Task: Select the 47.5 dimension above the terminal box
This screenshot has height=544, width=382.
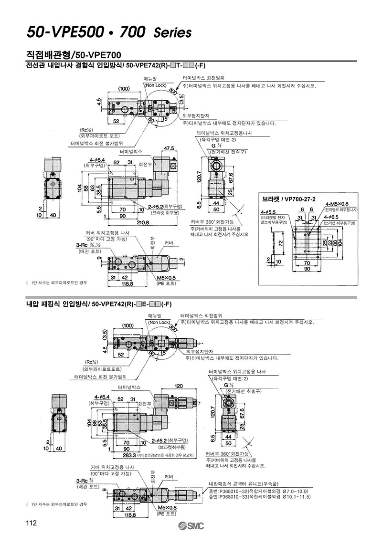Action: [x=170, y=148]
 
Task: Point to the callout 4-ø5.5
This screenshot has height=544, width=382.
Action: [x=269, y=211]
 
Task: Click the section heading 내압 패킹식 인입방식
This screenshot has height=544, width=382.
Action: [x=57, y=303]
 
